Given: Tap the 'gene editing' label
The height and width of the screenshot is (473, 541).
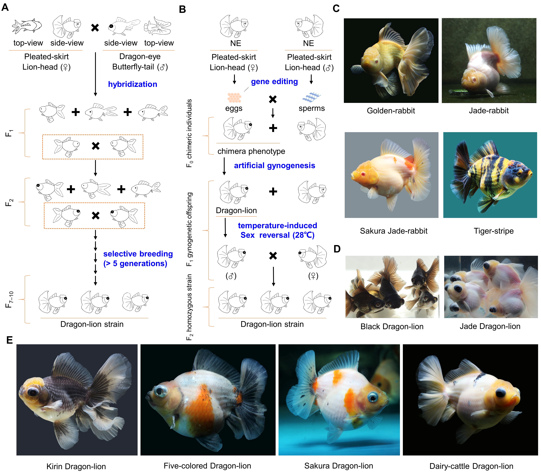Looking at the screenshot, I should coord(274,82).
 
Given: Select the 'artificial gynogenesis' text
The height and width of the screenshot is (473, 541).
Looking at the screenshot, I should coord(274,166).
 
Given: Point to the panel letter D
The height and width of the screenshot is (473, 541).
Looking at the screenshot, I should coord(337,249).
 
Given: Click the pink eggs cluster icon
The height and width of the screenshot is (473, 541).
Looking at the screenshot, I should coord(234,98).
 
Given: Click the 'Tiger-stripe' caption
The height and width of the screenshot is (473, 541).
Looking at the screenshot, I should coord(493,231).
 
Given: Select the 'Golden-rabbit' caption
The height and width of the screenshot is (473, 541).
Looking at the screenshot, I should coord(391,111).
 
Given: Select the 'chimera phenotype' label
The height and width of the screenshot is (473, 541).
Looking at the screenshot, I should coord(251,151).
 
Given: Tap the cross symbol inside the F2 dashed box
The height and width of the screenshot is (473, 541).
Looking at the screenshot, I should coord(95,216).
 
